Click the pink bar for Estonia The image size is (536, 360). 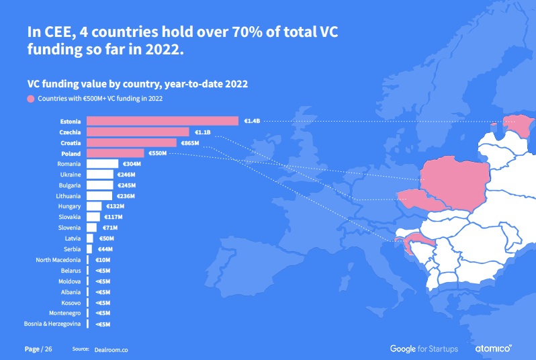163,121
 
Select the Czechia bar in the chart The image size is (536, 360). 138,132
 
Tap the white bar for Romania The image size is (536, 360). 102,164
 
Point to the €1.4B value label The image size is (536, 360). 251,121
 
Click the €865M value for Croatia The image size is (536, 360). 189,143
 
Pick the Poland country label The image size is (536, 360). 71,154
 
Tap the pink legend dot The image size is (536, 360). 31,99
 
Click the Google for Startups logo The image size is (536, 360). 424,349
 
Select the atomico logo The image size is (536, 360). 494,349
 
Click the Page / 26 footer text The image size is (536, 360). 38,349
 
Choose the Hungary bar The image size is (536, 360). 94,206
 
